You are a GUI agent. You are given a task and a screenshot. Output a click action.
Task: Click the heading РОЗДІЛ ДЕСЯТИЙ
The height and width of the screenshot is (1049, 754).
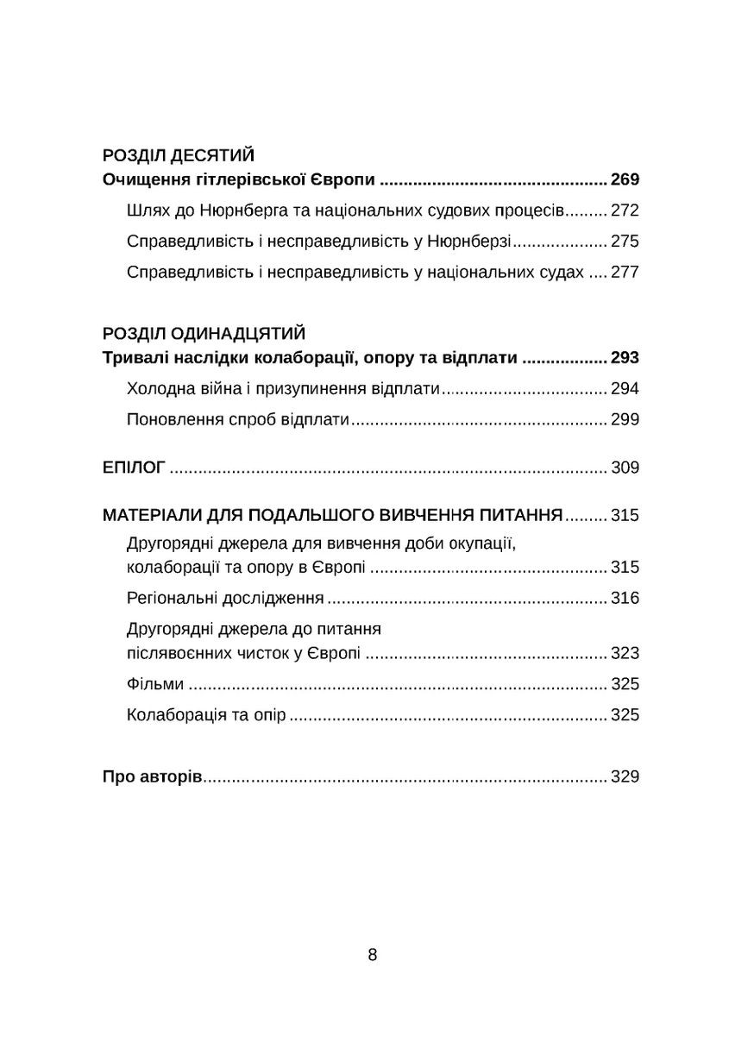pyautogui.click(x=178, y=156)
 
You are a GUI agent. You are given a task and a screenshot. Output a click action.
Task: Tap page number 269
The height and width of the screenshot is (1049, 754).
pyautogui.click(x=624, y=180)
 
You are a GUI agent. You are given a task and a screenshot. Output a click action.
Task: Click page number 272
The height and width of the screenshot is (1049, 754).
pyautogui.click(x=624, y=211)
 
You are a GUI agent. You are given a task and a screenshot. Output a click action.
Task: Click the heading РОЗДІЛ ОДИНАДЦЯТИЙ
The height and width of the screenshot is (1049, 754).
pyautogui.click(x=204, y=334)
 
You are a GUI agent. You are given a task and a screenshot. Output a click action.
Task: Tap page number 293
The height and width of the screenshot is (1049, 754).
pyautogui.click(x=624, y=358)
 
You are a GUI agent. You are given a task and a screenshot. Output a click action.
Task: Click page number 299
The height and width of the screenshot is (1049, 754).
pyautogui.click(x=624, y=420)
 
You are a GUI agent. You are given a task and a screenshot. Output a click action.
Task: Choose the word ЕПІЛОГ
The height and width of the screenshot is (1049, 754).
pyautogui.click(x=133, y=468)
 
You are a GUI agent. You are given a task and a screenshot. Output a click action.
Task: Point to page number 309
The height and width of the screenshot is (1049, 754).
pyautogui.click(x=624, y=468)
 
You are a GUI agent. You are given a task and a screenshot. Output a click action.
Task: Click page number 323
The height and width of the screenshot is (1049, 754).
pyautogui.click(x=624, y=653)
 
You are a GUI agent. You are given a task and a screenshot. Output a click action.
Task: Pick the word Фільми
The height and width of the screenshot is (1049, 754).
pyautogui.click(x=154, y=684)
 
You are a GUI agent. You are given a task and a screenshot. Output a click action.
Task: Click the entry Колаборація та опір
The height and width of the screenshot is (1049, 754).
pyautogui.click(x=205, y=715)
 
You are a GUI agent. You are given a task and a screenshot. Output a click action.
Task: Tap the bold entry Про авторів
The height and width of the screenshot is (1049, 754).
pyautogui.click(x=152, y=777)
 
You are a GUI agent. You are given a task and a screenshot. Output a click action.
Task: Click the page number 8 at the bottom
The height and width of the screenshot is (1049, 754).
pyautogui.click(x=373, y=955)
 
